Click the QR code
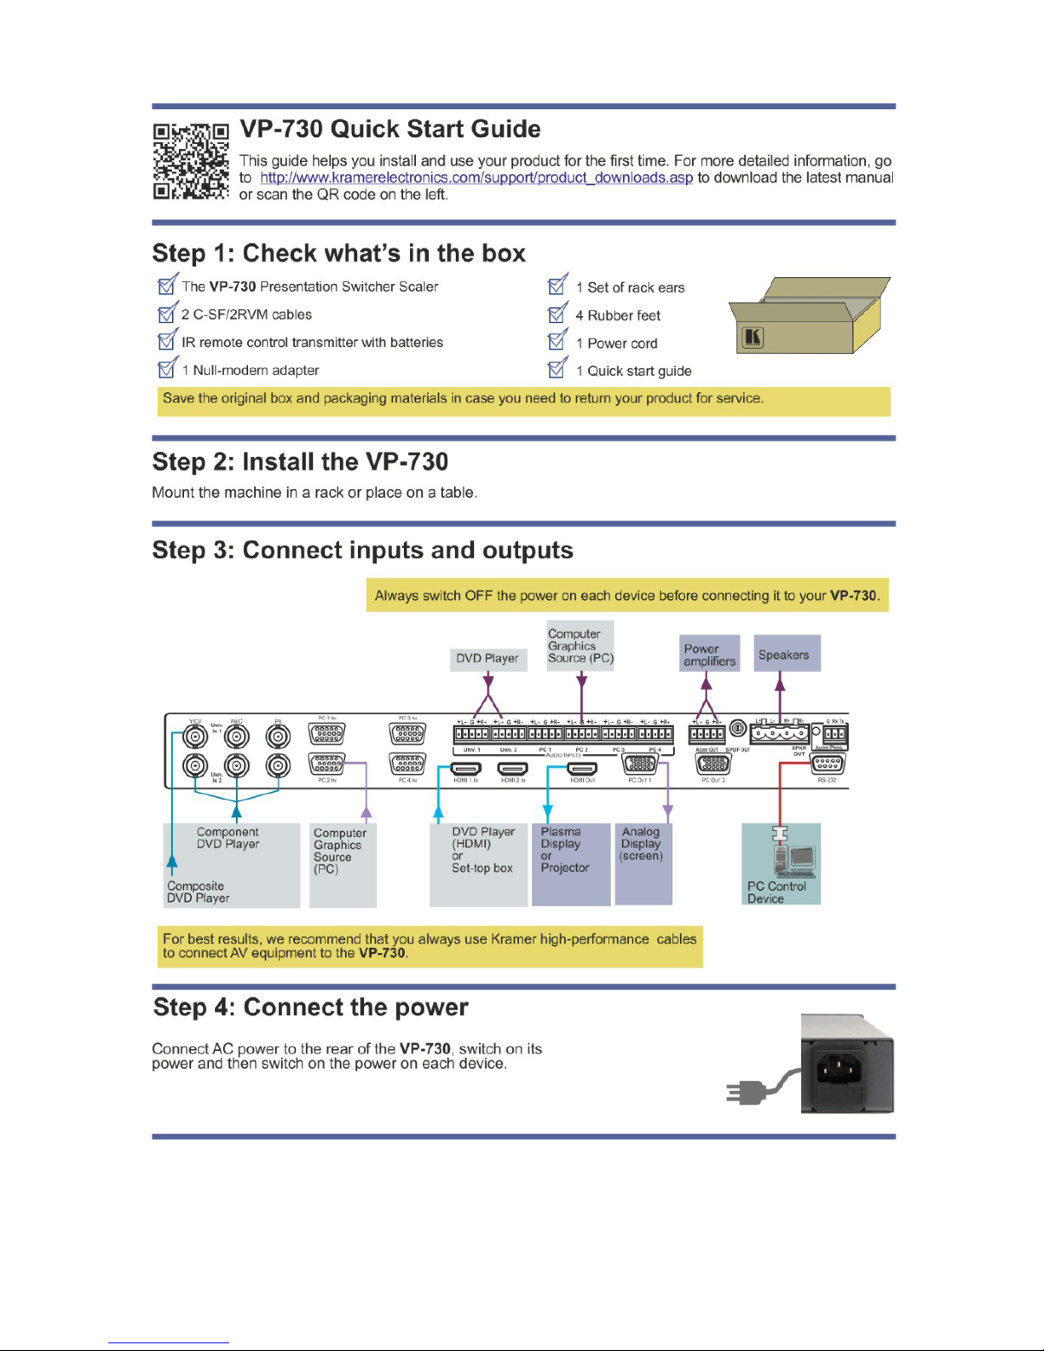pos(191,161)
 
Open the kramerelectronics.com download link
pos(476,177)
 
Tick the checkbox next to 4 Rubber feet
pos(557,314)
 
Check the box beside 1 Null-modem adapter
pos(167,369)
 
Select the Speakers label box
pos(787,654)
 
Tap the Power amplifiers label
pos(709,654)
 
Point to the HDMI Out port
pos(582,769)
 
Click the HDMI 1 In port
pos(465,769)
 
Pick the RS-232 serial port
pos(827,765)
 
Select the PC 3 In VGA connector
pos(407,734)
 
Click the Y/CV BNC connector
pos(195,735)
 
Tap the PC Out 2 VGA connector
pos(713,764)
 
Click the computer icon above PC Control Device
pos(794,859)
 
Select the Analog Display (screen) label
pos(641,844)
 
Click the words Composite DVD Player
pos(198,892)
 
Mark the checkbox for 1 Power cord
pos(557,342)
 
